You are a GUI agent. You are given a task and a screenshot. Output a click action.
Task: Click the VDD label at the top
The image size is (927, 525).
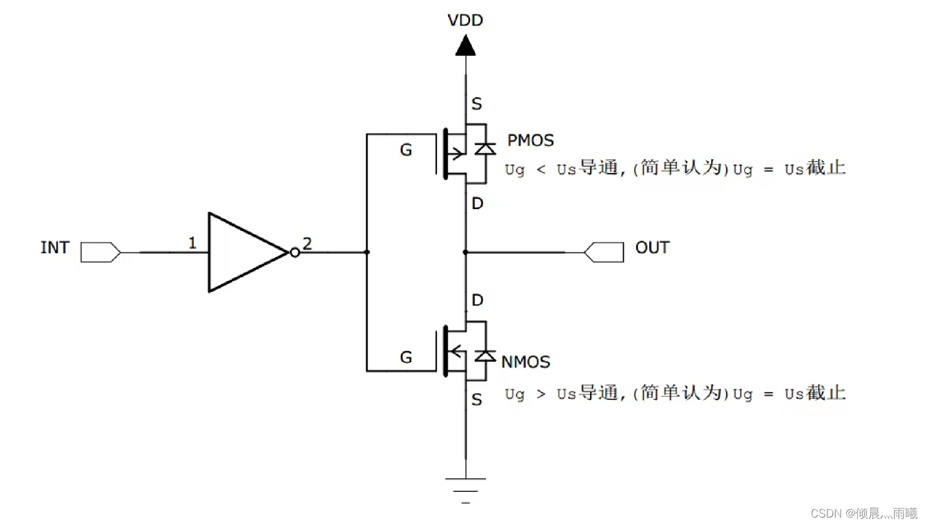click(465, 21)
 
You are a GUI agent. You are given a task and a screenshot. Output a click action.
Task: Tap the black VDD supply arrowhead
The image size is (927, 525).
click(466, 45)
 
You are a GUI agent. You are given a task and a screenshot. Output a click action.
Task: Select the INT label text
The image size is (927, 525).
click(55, 248)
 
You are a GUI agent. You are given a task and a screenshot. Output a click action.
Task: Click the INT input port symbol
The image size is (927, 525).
click(101, 252)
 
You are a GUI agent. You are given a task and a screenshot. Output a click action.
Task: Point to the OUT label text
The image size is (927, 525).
click(652, 248)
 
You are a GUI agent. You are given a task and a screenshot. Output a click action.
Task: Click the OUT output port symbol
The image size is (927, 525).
click(604, 252)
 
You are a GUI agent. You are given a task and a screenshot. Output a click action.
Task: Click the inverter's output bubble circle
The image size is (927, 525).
click(295, 252)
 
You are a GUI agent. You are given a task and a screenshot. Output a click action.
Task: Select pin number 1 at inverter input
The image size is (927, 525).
click(192, 243)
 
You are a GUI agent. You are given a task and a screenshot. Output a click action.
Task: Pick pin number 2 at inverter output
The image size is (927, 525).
click(307, 243)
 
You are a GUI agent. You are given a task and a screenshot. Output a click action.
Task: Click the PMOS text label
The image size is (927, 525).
click(530, 141)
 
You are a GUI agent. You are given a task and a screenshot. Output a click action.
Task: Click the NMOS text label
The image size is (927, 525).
click(525, 362)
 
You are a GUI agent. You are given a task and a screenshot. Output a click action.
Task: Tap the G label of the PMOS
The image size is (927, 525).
click(406, 150)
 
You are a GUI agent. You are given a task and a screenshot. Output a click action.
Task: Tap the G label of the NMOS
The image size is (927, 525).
click(406, 357)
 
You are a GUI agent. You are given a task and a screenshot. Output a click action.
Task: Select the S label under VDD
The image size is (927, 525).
click(477, 103)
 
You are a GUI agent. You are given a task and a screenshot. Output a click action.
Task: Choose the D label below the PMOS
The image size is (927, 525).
click(477, 203)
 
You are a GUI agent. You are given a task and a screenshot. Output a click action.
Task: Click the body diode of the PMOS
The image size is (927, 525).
click(486, 149)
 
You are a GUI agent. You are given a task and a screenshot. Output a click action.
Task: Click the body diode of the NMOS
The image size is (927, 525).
click(486, 356)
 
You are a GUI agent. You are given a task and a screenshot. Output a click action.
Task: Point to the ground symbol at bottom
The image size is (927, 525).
click(466, 491)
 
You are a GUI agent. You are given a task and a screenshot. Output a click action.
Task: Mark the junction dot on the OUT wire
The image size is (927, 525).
click(466, 252)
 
